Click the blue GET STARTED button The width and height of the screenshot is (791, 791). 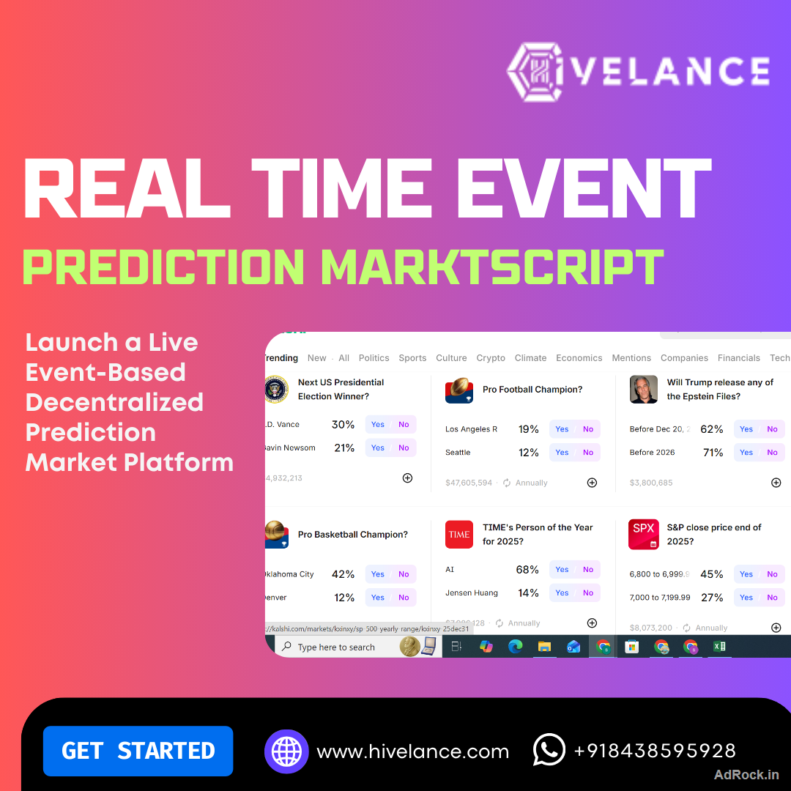[x=138, y=751]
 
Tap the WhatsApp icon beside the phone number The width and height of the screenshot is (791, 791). [x=549, y=750]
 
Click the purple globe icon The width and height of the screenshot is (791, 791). [x=286, y=751]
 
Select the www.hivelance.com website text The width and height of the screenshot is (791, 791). [x=412, y=751]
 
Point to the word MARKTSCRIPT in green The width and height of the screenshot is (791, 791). [x=492, y=267]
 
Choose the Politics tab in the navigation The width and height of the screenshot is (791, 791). [x=374, y=358]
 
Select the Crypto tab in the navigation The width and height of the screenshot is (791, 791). [x=491, y=358]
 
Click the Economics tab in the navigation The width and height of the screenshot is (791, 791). [x=579, y=358]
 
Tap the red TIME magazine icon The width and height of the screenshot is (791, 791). [x=459, y=535]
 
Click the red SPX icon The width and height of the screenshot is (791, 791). [x=644, y=535]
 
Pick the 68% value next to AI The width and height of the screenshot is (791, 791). [x=527, y=570]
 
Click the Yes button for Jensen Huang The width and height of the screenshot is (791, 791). [x=562, y=593]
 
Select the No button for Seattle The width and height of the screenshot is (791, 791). [x=588, y=453]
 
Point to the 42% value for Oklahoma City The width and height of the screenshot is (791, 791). [x=343, y=574]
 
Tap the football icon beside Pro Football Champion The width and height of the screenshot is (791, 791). [x=459, y=390]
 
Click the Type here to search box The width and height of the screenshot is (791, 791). [x=336, y=647]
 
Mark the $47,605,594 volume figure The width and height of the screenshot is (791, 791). [x=469, y=483]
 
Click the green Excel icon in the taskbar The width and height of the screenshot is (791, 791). [x=719, y=647]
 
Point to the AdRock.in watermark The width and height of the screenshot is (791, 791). [x=746, y=774]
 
